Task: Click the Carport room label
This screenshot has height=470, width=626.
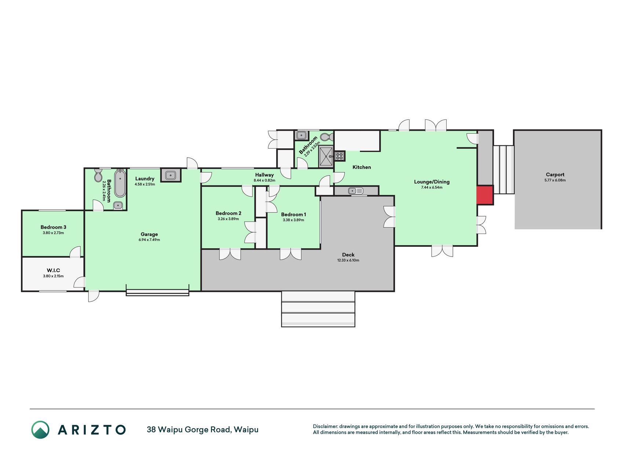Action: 555,174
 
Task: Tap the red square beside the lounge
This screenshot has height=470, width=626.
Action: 484,195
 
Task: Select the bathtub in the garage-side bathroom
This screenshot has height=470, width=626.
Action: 120,183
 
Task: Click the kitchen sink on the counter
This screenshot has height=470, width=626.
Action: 355,191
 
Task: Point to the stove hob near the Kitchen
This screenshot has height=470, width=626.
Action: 339,156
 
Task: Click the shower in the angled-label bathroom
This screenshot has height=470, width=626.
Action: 326,156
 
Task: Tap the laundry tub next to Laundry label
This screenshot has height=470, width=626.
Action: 171,175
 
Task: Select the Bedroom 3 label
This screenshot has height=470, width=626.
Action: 54,227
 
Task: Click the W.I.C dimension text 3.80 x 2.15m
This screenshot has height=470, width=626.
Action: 54,276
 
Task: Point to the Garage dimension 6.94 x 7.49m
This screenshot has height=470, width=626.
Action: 149,240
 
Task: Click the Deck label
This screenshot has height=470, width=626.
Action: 348,254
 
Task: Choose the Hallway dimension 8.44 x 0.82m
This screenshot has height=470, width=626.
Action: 264,180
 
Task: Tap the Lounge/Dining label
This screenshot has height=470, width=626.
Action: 432,182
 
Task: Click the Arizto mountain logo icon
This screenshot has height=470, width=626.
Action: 40,430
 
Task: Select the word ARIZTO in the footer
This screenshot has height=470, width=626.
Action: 92,430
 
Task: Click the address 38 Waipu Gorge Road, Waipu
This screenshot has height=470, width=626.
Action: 202,430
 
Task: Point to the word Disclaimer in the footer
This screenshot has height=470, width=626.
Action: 325,426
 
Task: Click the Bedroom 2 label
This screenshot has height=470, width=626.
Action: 228,213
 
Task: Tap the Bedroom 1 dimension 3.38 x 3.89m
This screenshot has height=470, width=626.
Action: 293,220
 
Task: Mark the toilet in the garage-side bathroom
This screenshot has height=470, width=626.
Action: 98,176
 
